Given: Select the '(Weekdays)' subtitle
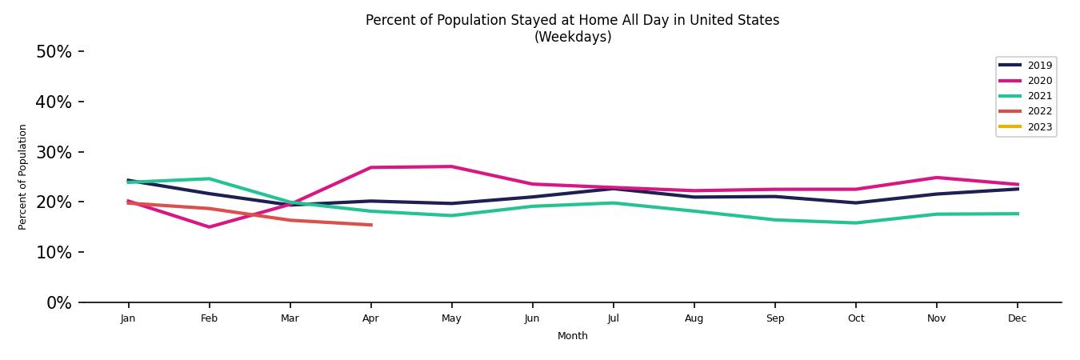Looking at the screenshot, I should pyautogui.click(x=573, y=38).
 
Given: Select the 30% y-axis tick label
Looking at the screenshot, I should pyautogui.click(x=54, y=152).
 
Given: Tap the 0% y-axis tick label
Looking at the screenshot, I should pyautogui.click(x=58, y=303).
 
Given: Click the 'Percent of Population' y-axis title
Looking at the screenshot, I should pyautogui.click(x=23, y=177).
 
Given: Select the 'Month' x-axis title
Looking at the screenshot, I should pyautogui.click(x=573, y=337).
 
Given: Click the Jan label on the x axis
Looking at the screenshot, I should pyautogui.click(x=128, y=318).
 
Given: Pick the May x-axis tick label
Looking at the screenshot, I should pyautogui.click(x=451, y=318).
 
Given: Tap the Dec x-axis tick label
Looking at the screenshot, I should pyautogui.click(x=1017, y=318).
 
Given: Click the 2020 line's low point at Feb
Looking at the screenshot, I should pyautogui.click(x=210, y=227).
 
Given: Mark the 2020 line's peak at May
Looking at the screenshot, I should pyautogui.click(x=451, y=166).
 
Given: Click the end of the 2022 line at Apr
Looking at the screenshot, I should pyautogui.click(x=371, y=225).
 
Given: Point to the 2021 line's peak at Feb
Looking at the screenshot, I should pyautogui.click(x=209, y=178).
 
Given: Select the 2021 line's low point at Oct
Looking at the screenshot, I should pyautogui.click(x=855, y=223).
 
